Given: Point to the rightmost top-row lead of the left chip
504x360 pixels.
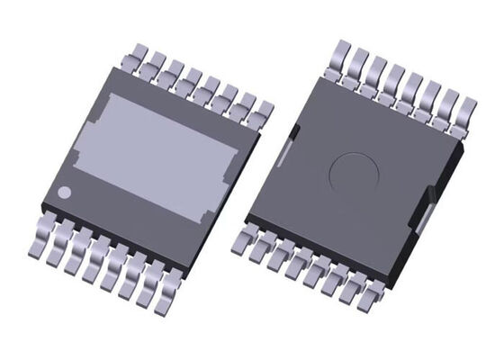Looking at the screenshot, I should (265, 110).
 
